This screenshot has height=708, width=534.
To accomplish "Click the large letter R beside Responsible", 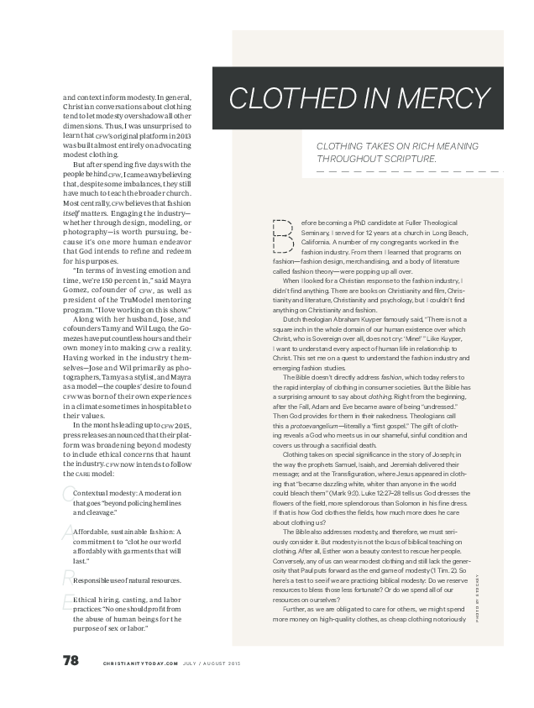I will [66, 575].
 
